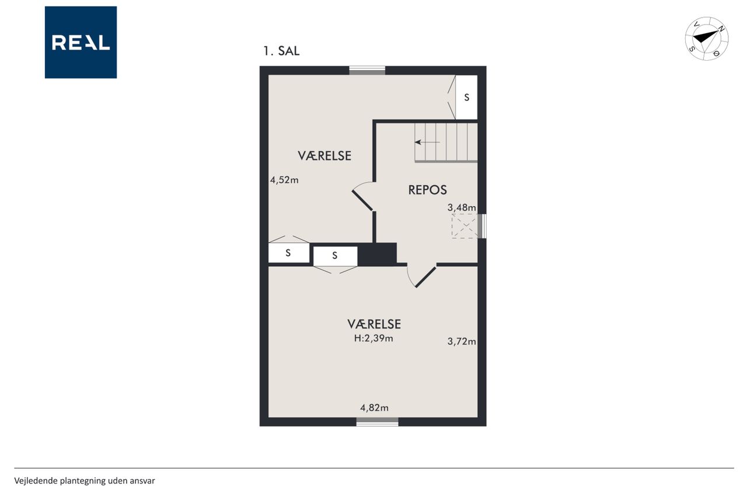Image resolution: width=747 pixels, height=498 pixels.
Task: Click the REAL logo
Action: (x=81, y=43)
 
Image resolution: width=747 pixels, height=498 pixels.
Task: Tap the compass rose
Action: (x=707, y=39)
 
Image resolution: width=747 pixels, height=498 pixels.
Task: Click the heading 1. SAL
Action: (x=281, y=51)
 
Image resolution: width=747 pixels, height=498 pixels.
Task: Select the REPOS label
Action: (x=427, y=190)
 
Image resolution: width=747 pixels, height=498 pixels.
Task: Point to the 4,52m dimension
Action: (x=284, y=180)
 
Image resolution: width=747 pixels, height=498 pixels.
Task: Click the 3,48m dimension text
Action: (x=462, y=207)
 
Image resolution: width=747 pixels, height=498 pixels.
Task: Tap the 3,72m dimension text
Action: (x=462, y=341)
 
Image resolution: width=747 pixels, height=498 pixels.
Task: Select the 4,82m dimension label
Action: (x=374, y=408)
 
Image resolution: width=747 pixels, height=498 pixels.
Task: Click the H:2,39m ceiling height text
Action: (x=373, y=339)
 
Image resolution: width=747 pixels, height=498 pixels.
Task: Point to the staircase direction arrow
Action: (x=427, y=142)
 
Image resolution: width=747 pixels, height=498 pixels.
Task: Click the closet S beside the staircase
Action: (x=466, y=97)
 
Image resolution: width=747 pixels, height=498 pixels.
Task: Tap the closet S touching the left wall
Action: (x=289, y=253)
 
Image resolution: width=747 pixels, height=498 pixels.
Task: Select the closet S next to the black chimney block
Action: (x=335, y=256)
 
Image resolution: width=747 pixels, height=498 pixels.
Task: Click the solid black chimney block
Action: (x=377, y=254)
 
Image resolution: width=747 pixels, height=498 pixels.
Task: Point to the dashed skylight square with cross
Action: (x=465, y=226)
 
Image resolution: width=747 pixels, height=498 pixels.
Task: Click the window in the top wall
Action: (x=367, y=71)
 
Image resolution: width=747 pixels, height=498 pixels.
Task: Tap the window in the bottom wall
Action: (x=377, y=422)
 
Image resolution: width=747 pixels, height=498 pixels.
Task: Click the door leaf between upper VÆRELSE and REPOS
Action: (x=362, y=200)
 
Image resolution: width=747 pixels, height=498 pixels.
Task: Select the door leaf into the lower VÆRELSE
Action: (x=425, y=277)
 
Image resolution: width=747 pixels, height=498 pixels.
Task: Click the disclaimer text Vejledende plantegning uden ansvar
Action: (x=85, y=480)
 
